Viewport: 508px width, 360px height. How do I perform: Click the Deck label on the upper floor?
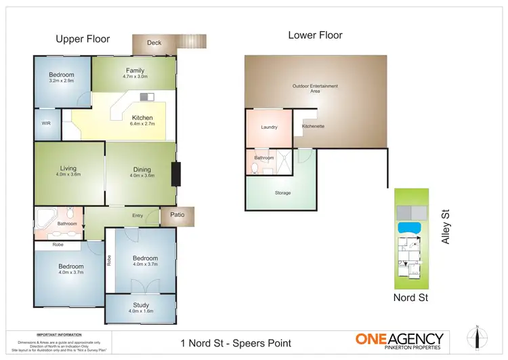pos(154,43)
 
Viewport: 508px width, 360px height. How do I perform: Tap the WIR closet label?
pos(46,123)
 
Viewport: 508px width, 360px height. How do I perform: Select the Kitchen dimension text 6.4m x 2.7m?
pos(142,124)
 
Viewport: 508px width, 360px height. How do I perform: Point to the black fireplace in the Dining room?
pos(176,174)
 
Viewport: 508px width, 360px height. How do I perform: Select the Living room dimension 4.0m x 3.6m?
pos(68,174)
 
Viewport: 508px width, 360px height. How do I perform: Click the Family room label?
pos(135,71)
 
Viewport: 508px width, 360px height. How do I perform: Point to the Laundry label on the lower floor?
pos(269,127)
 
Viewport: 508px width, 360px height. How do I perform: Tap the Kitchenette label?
pos(314,127)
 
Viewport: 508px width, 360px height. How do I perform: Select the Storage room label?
pos(282,193)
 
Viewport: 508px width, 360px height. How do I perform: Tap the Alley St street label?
pos(446,226)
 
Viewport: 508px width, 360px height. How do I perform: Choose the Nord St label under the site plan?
pos(410,298)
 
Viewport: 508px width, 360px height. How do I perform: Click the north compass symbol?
pos(477,337)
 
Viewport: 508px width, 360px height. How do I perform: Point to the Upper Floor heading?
pos(83,39)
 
